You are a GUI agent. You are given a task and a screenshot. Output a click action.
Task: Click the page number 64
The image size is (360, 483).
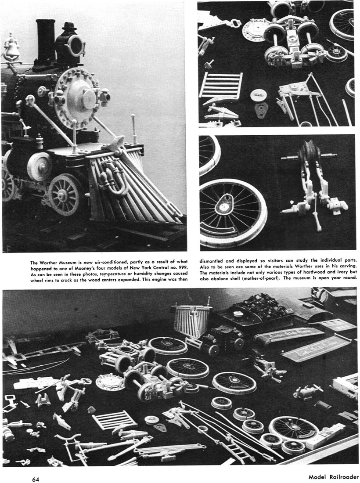[36, 479]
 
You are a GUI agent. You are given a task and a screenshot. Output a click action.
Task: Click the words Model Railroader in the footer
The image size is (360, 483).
[333, 477]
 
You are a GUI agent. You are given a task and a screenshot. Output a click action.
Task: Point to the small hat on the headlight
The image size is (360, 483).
[70, 26]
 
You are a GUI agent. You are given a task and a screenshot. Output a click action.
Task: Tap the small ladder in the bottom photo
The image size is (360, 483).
[114, 420]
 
